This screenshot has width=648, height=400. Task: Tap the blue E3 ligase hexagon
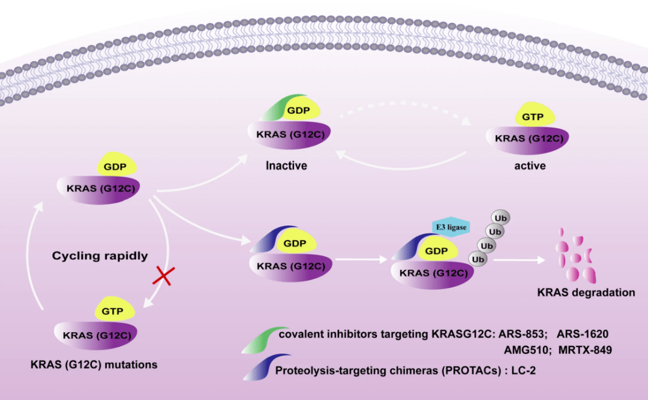coord(450,227)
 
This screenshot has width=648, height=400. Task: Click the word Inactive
coord(286,165)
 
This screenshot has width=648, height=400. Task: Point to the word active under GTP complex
coord(530,165)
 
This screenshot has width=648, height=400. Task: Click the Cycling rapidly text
coord(100,255)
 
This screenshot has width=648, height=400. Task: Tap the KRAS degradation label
coord(586,293)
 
